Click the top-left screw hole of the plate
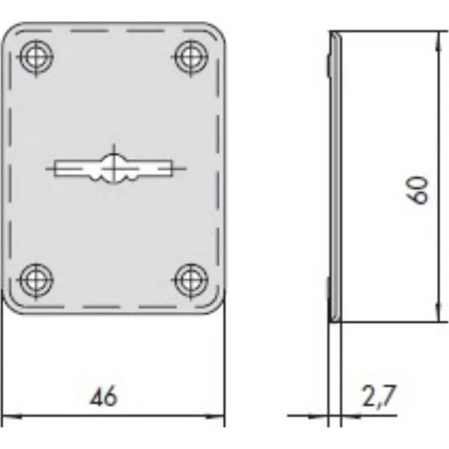tap(36, 57)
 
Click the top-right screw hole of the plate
tap(191, 57)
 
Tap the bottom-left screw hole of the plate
tap(36, 281)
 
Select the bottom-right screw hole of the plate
tap(191, 281)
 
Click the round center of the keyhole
tap(114, 168)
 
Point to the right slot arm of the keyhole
tap(149, 168)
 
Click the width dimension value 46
tap(103, 397)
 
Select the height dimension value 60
tap(417, 190)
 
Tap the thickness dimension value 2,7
tap(379, 396)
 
